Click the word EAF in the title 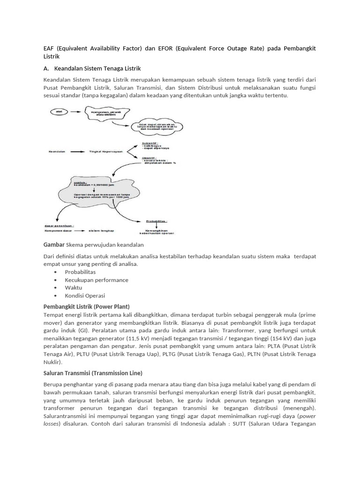(49, 49)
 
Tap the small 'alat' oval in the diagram (59, 112)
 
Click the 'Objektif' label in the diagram (150, 157)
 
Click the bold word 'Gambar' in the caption (54, 245)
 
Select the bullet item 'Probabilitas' (80, 272)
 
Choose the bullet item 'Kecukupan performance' (96, 280)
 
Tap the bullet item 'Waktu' (74, 287)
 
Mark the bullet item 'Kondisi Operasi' (85, 295)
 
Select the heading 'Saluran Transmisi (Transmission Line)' (93, 373)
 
